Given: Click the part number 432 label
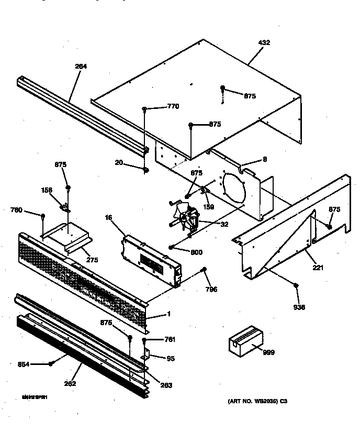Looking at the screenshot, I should (264, 42).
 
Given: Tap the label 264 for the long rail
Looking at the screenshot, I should (81, 67).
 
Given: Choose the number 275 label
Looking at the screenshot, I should (92, 260).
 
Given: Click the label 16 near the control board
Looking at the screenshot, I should (109, 217).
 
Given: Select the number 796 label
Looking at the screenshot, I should (211, 289).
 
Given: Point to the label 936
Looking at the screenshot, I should (299, 307).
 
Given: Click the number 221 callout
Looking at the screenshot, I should (318, 268).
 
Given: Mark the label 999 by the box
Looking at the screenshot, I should (268, 352).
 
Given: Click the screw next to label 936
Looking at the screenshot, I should (296, 285).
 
